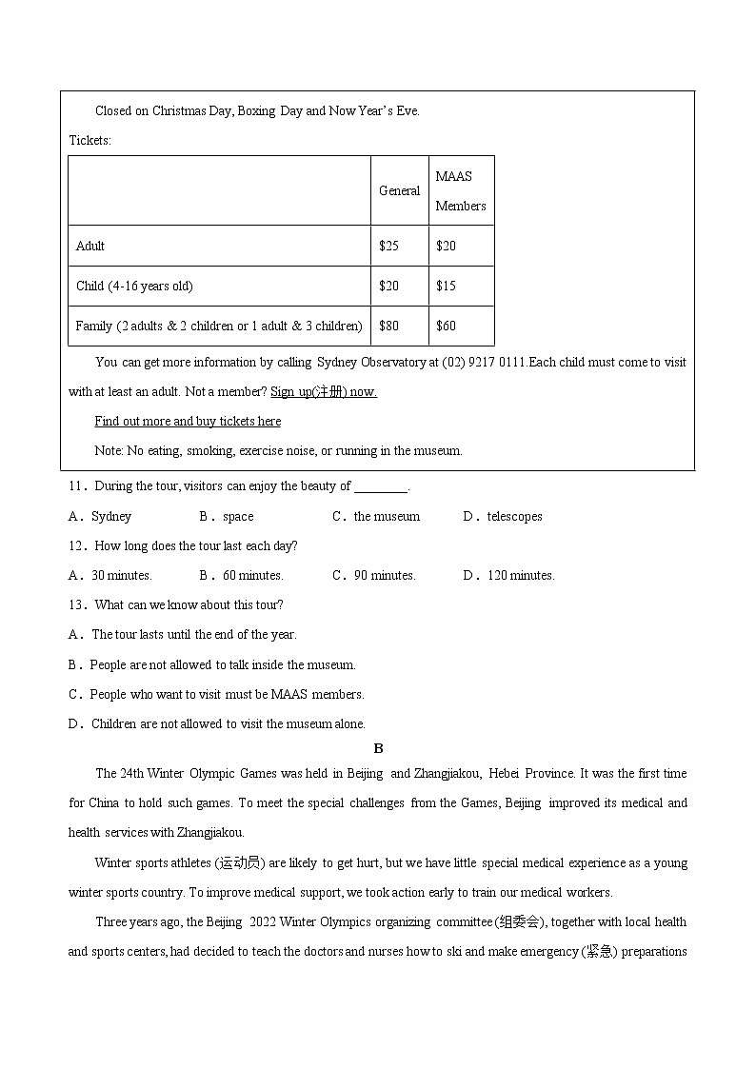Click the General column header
(399, 190)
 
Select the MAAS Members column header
(461, 190)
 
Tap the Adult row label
(90, 246)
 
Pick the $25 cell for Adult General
(388, 246)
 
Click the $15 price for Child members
(446, 286)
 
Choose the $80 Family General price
(388, 326)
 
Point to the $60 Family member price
(446, 326)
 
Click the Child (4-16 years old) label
(134, 286)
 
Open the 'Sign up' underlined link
(324, 391)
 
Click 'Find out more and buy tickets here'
(188, 421)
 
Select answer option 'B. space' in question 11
(227, 516)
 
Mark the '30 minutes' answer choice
(111, 575)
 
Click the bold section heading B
(378, 748)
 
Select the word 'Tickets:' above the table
(90, 140)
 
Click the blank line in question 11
(380, 487)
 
